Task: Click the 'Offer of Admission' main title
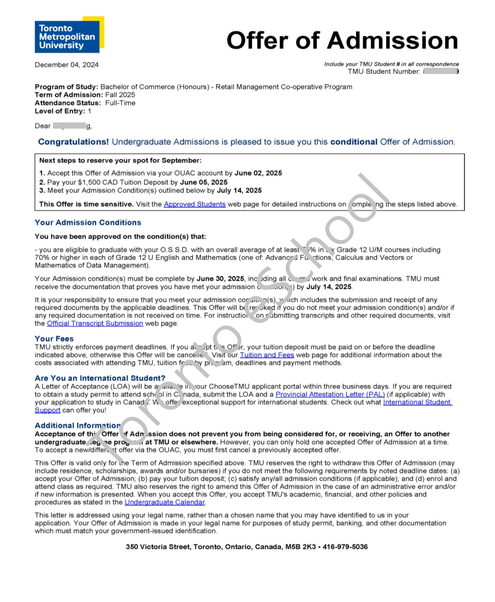click(342, 40)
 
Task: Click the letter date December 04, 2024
click(66, 65)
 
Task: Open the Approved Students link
click(194, 204)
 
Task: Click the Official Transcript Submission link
click(95, 323)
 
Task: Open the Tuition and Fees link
click(267, 355)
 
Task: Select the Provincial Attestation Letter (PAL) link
click(330, 394)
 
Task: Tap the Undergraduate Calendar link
click(164, 502)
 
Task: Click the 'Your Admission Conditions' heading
click(88, 222)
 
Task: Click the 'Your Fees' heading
click(54, 339)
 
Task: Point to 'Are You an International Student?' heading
click(100, 378)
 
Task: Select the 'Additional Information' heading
click(77, 425)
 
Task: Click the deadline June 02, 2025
click(258, 173)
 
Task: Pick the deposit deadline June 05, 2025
click(204, 182)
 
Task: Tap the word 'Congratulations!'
click(73, 142)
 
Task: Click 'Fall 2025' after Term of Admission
click(120, 95)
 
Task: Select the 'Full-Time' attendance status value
click(120, 103)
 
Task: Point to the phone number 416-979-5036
click(345, 547)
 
